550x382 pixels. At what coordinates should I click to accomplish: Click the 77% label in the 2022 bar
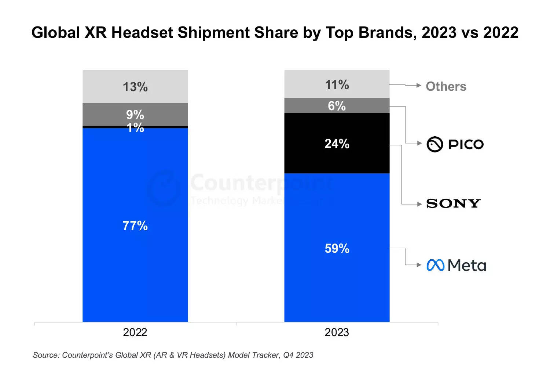coord(135,226)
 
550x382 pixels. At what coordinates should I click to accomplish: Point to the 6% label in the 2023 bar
coord(337,106)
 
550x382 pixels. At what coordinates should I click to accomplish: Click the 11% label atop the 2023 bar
coord(337,85)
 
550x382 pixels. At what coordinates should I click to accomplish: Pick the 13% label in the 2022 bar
coord(135,87)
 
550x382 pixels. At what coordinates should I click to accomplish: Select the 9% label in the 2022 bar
coord(135,115)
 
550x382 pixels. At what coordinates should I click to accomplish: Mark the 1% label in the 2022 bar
coord(135,128)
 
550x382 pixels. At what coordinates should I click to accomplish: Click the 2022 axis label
coord(135,332)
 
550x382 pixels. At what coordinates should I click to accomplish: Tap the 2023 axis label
coord(337,332)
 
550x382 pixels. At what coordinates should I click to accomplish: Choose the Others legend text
coord(446,87)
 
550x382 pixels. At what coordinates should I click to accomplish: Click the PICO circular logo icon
coord(435,144)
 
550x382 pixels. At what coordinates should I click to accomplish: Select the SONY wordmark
coord(453,203)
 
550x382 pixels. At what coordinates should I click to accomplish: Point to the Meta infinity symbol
coord(436,265)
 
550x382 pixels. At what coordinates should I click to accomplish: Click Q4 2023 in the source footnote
coord(298,355)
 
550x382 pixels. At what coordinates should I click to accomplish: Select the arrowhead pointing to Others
coord(419,85)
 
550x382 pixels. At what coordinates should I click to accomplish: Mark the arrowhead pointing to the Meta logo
coord(419,265)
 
